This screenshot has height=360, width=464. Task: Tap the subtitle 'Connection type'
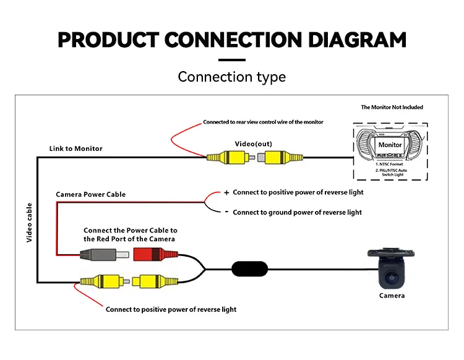tap(232, 77)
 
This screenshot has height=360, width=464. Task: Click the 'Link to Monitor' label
tap(76, 148)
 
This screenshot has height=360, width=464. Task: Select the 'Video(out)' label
tap(253, 144)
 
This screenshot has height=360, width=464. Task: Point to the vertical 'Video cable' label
tap(29, 221)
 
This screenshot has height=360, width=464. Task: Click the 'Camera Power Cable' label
tap(90, 194)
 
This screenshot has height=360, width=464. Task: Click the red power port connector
tap(150, 254)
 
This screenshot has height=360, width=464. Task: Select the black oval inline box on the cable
tap(250, 268)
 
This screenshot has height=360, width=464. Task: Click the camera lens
tap(392, 278)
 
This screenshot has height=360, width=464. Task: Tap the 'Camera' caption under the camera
tap(392, 296)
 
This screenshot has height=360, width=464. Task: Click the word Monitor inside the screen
tap(390, 145)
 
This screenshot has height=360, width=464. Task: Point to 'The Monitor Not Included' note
tap(392, 108)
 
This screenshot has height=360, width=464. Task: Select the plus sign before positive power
tap(226, 192)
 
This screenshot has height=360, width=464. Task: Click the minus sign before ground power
tap(226, 212)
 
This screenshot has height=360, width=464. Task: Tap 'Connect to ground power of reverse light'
tap(298, 212)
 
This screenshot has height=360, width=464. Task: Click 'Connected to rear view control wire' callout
tap(263, 122)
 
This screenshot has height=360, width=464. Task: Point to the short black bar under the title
tap(232, 60)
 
